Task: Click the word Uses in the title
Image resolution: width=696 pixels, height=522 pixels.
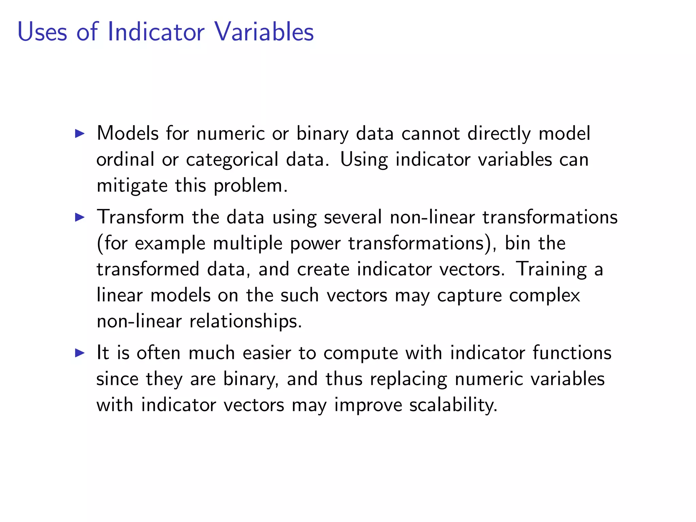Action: (x=42, y=32)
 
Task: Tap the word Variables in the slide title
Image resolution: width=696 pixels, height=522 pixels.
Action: (x=264, y=32)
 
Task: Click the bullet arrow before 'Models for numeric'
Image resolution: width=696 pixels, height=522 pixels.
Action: (x=80, y=133)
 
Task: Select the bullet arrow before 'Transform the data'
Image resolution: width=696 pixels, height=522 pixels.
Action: (x=80, y=217)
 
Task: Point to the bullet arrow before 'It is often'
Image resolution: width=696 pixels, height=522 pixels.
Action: (x=80, y=352)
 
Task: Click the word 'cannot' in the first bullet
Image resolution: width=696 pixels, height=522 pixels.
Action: (x=431, y=133)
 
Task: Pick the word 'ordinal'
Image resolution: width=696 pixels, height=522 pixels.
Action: (x=125, y=159)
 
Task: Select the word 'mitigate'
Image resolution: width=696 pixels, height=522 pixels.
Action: (x=132, y=186)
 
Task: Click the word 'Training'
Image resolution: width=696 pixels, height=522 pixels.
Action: (x=551, y=269)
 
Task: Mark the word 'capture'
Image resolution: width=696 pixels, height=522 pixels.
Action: (x=469, y=295)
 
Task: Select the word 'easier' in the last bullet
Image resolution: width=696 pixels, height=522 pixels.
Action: (x=267, y=352)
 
